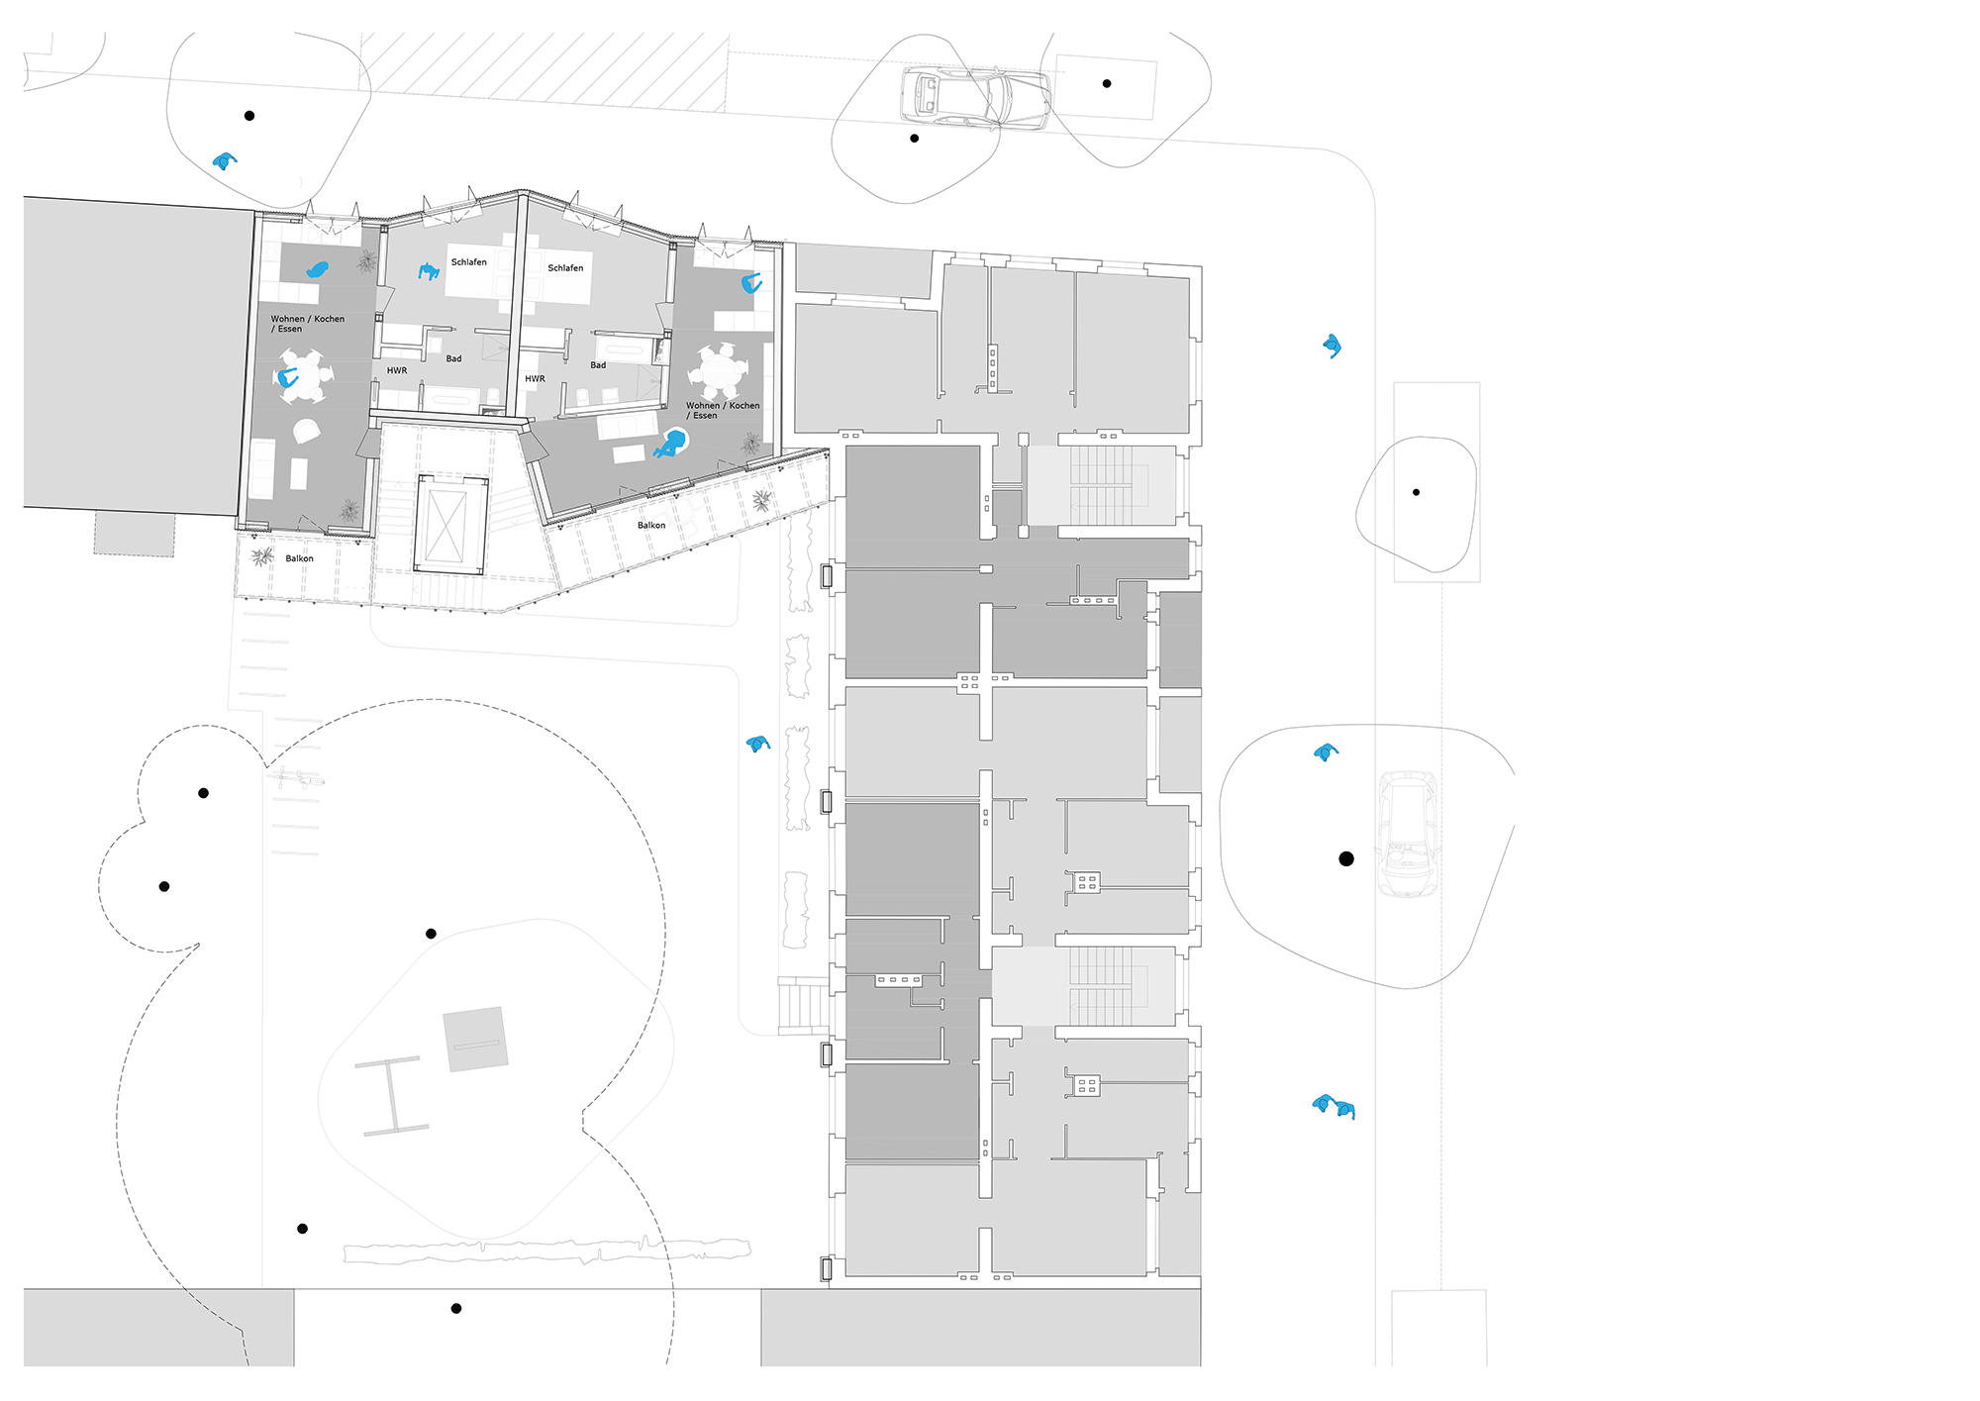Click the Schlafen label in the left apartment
(x=468, y=262)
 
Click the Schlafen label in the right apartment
(x=565, y=268)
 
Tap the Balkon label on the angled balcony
(x=651, y=526)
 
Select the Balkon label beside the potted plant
(x=299, y=558)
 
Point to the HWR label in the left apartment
(x=397, y=371)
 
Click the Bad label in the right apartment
(x=598, y=365)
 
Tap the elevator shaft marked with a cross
(x=448, y=523)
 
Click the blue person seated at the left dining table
(x=288, y=377)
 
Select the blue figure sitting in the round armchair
(x=672, y=444)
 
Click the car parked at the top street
(x=974, y=98)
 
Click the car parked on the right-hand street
(x=1407, y=835)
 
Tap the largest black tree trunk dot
(x=1345, y=858)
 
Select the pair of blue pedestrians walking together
(x=1334, y=1106)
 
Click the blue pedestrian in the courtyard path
(x=758, y=744)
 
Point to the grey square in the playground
(x=475, y=1040)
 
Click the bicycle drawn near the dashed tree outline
(x=295, y=778)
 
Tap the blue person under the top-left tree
(x=226, y=160)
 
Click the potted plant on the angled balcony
(x=761, y=501)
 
